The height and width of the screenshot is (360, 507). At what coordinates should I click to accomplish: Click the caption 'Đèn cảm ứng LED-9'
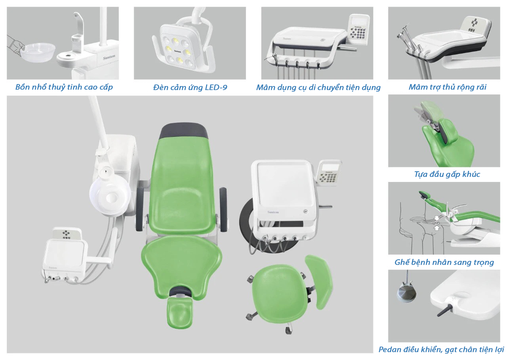[190, 88]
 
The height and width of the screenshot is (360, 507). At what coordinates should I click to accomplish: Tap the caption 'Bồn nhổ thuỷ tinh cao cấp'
[64, 87]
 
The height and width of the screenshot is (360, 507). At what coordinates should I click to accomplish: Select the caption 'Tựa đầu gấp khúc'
[447, 174]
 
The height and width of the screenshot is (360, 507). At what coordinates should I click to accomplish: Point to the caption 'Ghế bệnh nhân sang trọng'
[444, 262]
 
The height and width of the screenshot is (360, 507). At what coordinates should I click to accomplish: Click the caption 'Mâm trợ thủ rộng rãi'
[447, 87]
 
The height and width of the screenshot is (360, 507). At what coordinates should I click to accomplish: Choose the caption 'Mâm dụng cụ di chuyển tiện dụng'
[318, 88]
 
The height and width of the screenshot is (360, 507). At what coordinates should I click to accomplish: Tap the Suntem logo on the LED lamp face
[178, 52]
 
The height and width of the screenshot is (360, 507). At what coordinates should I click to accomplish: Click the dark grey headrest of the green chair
[184, 131]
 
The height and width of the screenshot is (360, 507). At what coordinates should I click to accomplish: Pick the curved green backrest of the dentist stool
[319, 281]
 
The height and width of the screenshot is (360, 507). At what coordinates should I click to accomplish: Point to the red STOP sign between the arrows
[436, 223]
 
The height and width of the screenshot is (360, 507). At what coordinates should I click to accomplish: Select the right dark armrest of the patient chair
[223, 209]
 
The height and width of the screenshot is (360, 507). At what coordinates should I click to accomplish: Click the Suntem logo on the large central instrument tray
[273, 212]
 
